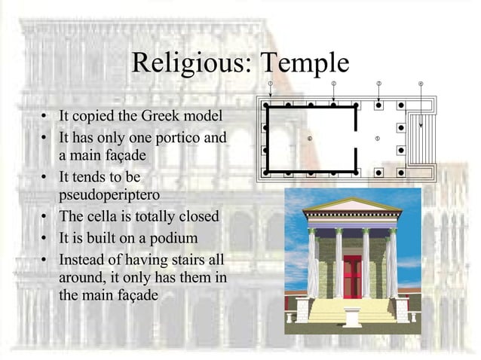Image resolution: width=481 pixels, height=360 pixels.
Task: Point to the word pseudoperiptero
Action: tap(109, 195)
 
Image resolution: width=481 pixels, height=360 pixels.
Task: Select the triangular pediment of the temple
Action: tap(352, 206)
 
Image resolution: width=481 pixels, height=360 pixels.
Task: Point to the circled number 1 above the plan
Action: tap(270, 83)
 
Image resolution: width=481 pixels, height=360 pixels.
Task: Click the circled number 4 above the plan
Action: tap(421, 83)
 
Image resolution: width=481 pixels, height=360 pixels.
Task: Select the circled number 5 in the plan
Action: tap(378, 139)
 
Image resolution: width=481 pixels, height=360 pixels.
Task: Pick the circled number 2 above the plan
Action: tap(334, 83)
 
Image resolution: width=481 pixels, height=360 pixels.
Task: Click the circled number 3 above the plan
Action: tap(378, 83)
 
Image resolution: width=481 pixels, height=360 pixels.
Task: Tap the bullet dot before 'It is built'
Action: tap(46, 239)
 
